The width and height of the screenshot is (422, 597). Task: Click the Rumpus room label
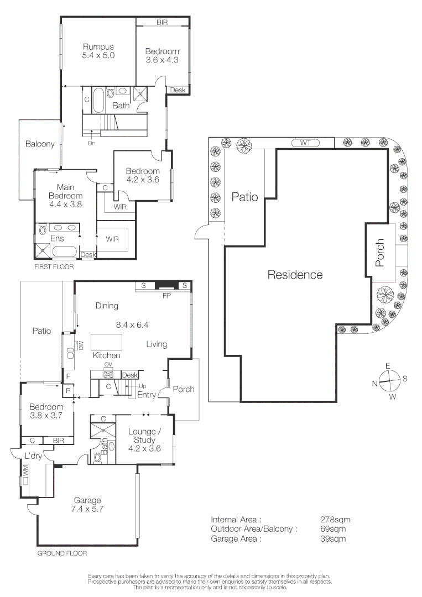click(x=98, y=47)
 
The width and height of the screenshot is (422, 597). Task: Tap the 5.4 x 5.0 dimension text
click(x=98, y=55)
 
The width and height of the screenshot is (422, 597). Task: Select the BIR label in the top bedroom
click(x=162, y=23)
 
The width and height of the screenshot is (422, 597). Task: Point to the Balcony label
click(x=40, y=144)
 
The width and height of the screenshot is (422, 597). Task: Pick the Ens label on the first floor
click(x=57, y=239)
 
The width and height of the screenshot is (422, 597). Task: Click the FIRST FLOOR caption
click(x=54, y=267)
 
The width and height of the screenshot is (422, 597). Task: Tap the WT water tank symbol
click(x=305, y=143)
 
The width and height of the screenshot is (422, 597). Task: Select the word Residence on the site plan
click(x=295, y=275)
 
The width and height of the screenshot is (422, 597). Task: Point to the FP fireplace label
click(x=167, y=295)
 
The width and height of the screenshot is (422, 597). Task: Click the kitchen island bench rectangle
click(x=107, y=342)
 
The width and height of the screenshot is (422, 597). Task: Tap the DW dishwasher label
click(x=80, y=345)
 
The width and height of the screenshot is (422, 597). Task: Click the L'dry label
click(x=33, y=455)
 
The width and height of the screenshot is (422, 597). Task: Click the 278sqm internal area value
click(x=335, y=519)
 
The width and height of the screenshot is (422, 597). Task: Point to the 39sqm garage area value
click(x=333, y=539)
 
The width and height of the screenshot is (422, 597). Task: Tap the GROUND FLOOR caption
click(x=62, y=553)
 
